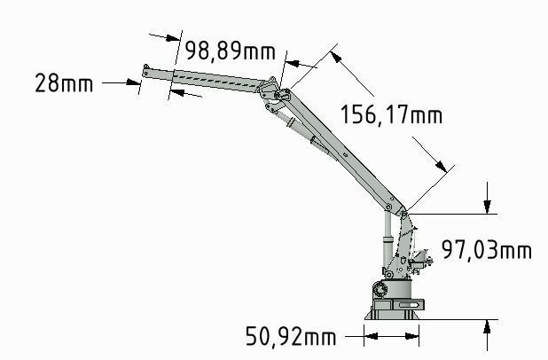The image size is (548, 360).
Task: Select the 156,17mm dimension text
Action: [x=390, y=113]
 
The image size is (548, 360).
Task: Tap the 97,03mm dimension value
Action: [x=486, y=251]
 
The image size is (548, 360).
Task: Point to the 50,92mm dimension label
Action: [x=291, y=337]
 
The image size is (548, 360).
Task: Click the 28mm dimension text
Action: [x=64, y=83]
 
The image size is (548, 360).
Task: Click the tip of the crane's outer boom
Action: [x=146, y=67]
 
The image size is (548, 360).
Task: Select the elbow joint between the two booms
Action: [x=280, y=93]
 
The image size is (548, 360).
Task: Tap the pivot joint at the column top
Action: [x=403, y=213]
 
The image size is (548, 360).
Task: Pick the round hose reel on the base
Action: [x=380, y=288]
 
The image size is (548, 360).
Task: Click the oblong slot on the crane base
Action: [x=409, y=305]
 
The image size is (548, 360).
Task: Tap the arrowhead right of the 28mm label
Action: [x=135, y=83]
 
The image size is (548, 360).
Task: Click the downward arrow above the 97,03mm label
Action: [x=487, y=207]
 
